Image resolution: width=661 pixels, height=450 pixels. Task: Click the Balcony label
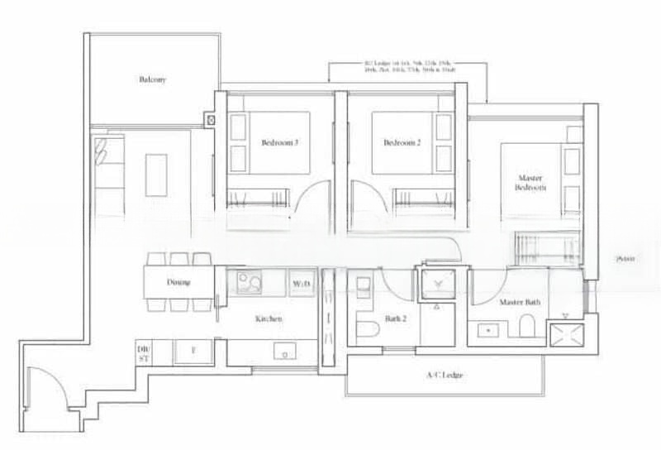click(153, 80)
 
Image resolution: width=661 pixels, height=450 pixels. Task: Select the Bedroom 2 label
click(402, 142)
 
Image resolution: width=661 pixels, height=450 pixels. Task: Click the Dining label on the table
click(178, 283)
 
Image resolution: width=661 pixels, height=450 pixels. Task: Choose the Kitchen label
click(269, 318)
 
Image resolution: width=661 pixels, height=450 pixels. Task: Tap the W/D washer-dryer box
click(301, 284)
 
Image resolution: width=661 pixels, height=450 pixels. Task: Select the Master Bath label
click(520, 303)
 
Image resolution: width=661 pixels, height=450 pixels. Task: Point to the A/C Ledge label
click(445, 376)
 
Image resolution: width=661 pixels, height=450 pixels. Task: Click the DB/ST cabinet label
click(143, 354)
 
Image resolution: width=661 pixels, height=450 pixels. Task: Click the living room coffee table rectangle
click(156, 173)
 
